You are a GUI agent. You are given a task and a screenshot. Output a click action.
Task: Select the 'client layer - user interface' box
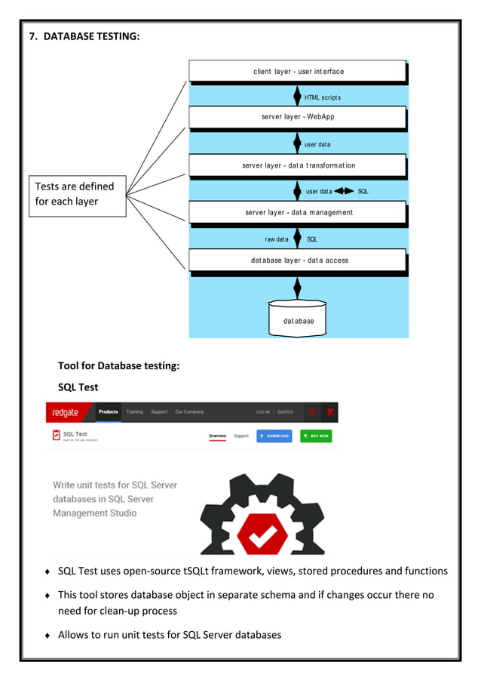point(298,71)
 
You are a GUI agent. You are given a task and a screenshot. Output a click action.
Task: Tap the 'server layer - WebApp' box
point(298,117)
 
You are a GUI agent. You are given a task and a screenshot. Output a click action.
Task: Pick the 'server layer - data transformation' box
point(298,165)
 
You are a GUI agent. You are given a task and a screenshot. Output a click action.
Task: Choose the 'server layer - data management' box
point(298,212)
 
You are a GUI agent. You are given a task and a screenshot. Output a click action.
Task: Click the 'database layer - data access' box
point(298,260)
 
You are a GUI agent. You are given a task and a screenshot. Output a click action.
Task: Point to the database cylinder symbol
point(299,318)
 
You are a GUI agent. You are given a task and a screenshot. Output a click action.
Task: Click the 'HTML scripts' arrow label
point(323,97)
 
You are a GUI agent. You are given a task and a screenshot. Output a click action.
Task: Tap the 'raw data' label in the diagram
point(276,239)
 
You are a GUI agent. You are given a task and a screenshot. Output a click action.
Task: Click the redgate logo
point(69,412)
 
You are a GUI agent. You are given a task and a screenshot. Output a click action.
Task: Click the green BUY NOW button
point(315,436)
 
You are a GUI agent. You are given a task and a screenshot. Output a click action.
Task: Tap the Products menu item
point(108,412)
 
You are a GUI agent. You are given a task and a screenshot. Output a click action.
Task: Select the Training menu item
point(134,412)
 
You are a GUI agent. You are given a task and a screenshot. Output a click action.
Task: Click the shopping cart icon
point(330,412)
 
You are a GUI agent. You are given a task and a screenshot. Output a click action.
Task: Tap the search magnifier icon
point(312,412)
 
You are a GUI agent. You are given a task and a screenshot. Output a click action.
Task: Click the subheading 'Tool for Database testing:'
point(118,365)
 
